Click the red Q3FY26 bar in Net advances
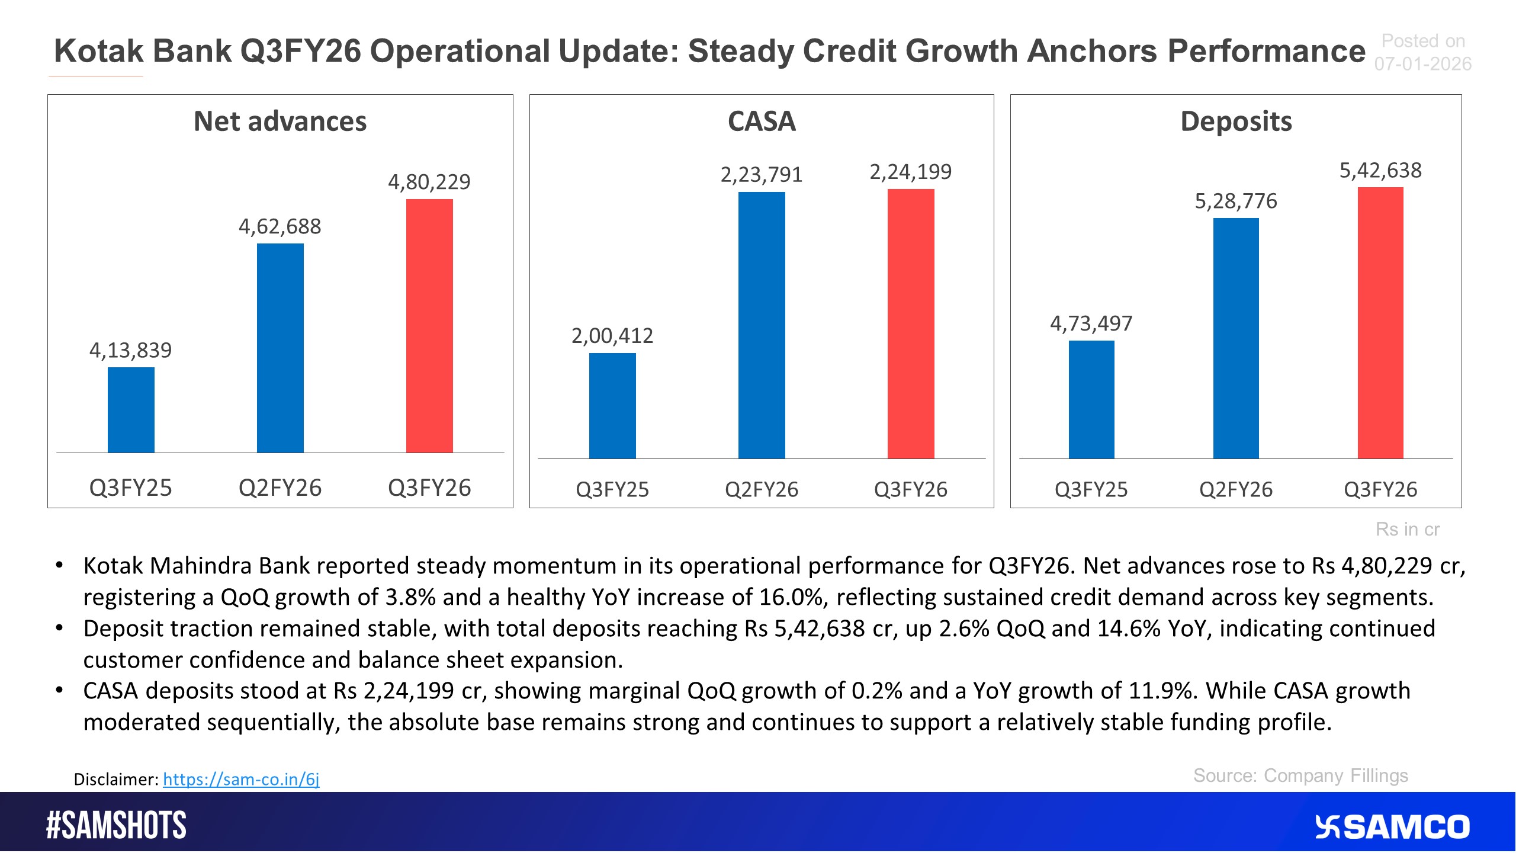pyautogui.click(x=429, y=326)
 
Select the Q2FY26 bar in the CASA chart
pyautogui.click(x=762, y=325)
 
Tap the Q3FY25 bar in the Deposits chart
pyautogui.click(x=1091, y=399)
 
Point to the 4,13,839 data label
pyautogui.click(x=130, y=350)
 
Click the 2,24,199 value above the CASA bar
pyautogui.click(x=910, y=172)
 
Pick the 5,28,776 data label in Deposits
pyautogui.click(x=1236, y=201)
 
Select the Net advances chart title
pyautogui.click(x=280, y=121)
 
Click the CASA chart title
pyautogui.click(x=762, y=121)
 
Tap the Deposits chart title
pyautogui.click(x=1236, y=121)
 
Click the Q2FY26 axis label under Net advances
pyautogui.click(x=280, y=488)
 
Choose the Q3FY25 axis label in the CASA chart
pyautogui.click(x=612, y=490)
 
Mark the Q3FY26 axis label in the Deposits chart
pyautogui.click(x=1380, y=490)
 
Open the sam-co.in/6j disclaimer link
pyautogui.click(x=241, y=779)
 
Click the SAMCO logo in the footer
pyautogui.click(x=1392, y=827)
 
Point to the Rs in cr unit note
pyautogui.click(x=1407, y=529)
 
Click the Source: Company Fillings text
pyautogui.click(x=1300, y=775)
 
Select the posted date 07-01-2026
pyautogui.click(x=1422, y=64)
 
